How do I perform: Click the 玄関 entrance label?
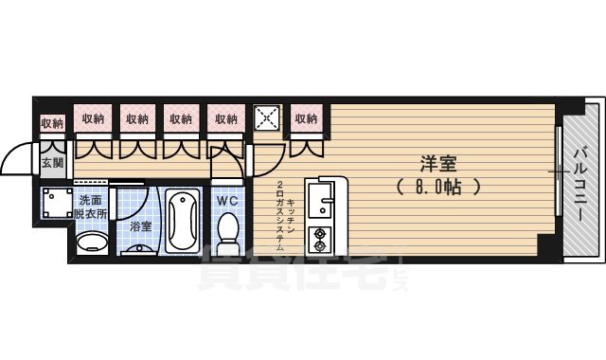(x=52, y=162)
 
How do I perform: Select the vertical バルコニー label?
(x=579, y=181)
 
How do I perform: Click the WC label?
(x=227, y=200)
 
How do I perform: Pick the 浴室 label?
(x=140, y=226)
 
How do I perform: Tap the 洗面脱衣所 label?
(x=92, y=206)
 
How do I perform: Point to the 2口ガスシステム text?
(x=280, y=213)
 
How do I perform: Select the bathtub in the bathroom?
(x=183, y=221)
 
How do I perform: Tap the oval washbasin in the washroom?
(x=91, y=242)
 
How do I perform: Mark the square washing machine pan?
(x=56, y=203)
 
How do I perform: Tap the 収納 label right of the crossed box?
(x=305, y=118)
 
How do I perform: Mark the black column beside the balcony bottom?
(x=544, y=244)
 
